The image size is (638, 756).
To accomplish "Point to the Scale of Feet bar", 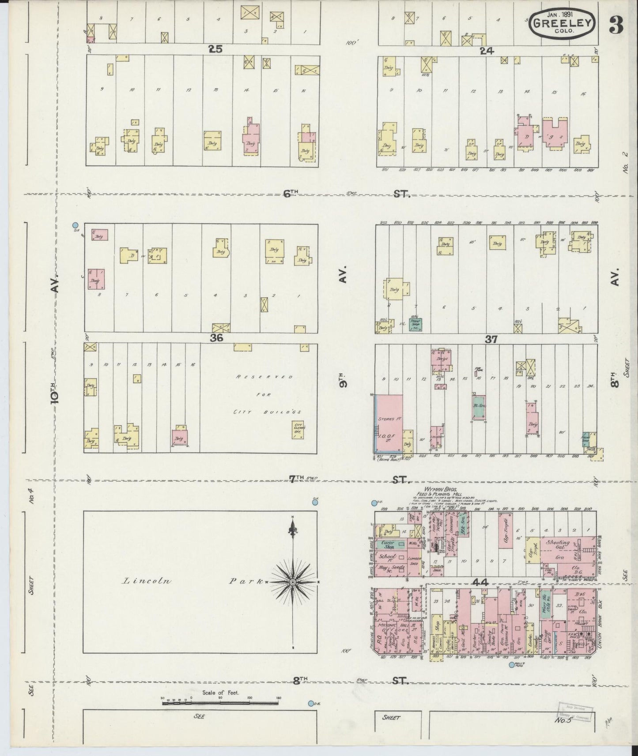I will (x=221, y=703).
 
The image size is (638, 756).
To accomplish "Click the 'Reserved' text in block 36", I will (x=264, y=377).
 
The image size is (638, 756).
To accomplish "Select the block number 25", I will (x=215, y=49).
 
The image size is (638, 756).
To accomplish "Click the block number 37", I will (x=491, y=339).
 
